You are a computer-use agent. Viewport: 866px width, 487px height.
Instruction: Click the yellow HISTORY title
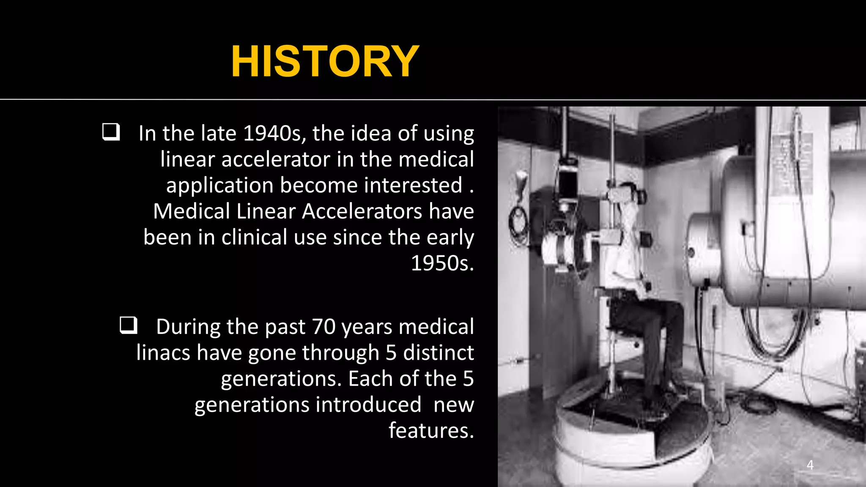click(325, 62)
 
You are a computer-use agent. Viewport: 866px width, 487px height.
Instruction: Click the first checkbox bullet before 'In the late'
click(111, 132)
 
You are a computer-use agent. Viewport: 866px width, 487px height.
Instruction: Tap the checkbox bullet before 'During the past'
click(129, 326)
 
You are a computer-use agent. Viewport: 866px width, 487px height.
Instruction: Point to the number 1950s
click(442, 263)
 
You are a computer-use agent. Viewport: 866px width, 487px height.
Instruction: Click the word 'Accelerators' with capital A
click(362, 211)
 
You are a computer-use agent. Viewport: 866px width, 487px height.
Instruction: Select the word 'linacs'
click(163, 353)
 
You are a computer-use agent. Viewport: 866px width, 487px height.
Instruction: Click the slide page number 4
click(810, 465)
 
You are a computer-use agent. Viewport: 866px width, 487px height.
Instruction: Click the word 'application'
click(220, 186)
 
